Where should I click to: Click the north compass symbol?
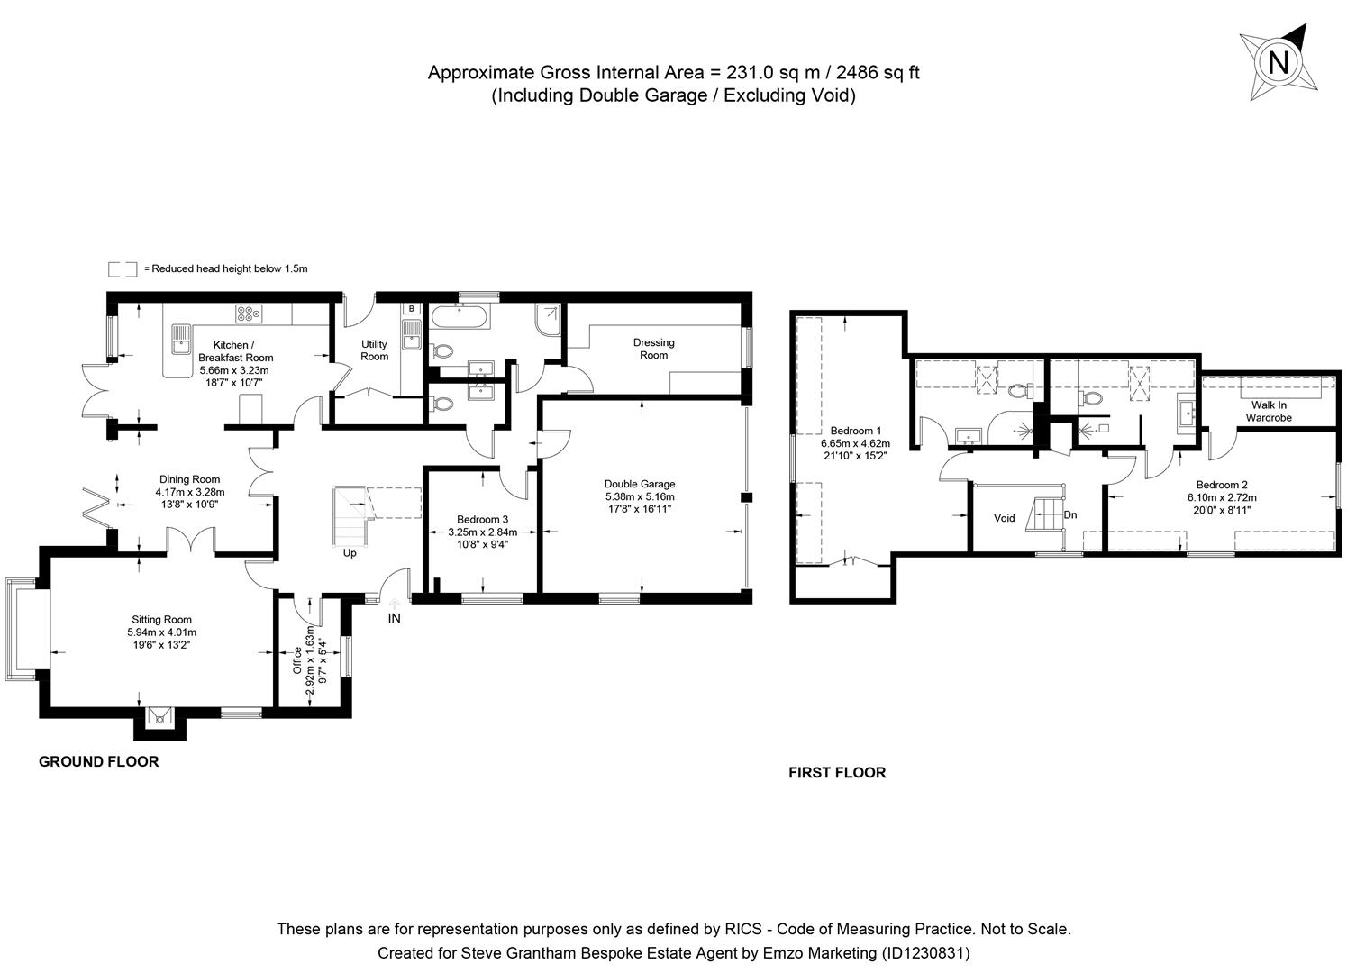[1278, 62]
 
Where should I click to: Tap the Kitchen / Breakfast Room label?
[235, 351]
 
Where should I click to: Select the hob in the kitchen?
[248, 314]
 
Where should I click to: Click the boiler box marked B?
[412, 309]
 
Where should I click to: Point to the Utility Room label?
[374, 350]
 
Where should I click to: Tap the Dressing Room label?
[653, 349]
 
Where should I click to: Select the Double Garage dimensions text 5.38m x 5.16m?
[640, 496]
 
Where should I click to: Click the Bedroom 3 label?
[482, 520]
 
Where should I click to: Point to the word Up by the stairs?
[350, 553]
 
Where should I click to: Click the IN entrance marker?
[394, 619]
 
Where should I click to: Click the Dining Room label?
[189, 479]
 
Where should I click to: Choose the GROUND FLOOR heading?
[98, 762]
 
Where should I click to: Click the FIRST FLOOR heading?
[837, 773]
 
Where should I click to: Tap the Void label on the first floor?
[1004, 518]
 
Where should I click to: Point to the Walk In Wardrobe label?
[1269, 412]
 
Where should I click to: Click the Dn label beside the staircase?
[1070, 515]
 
